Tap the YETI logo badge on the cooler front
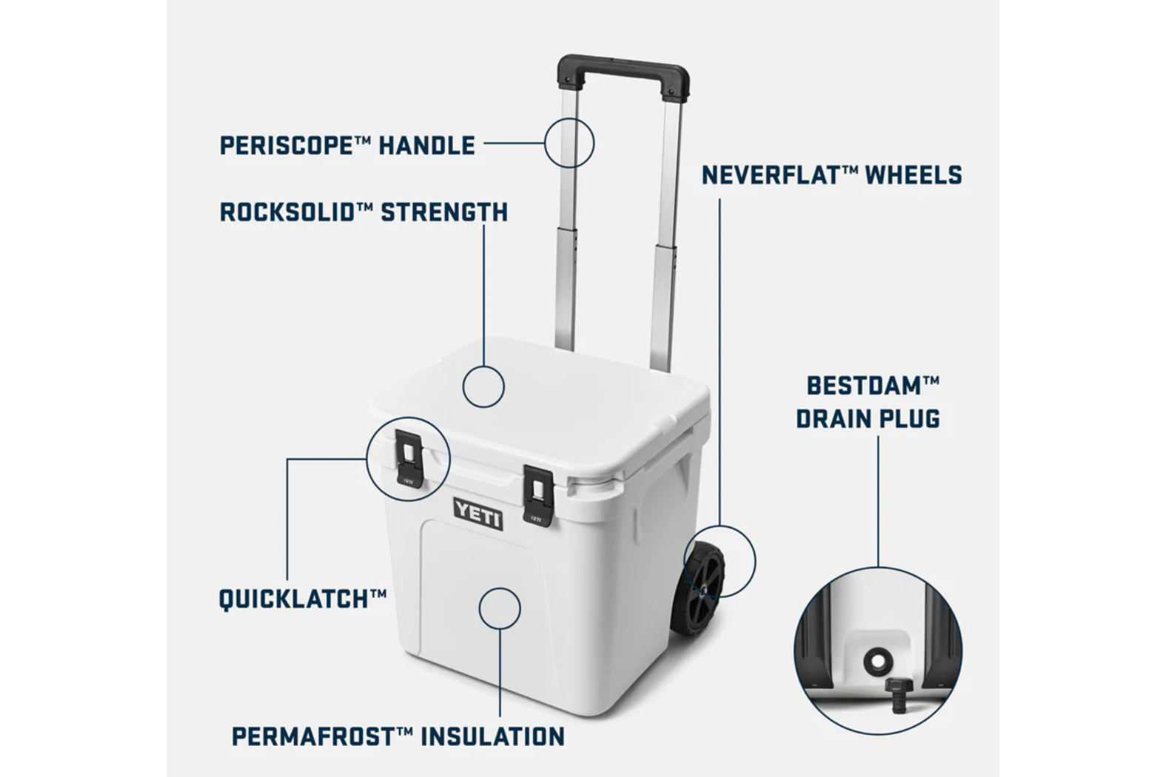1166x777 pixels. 478,514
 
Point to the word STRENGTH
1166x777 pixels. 444,212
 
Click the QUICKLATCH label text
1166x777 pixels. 303,599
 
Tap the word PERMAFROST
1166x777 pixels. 314,736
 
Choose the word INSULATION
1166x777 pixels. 492,736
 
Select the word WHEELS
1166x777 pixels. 914,175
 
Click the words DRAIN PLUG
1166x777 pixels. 868,419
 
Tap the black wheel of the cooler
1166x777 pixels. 697,588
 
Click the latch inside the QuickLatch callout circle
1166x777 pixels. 409,459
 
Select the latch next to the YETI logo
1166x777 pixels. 538,496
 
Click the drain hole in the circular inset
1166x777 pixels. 878,662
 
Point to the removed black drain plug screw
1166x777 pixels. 897,695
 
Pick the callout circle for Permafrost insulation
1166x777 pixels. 480,608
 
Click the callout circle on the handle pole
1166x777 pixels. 545,143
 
